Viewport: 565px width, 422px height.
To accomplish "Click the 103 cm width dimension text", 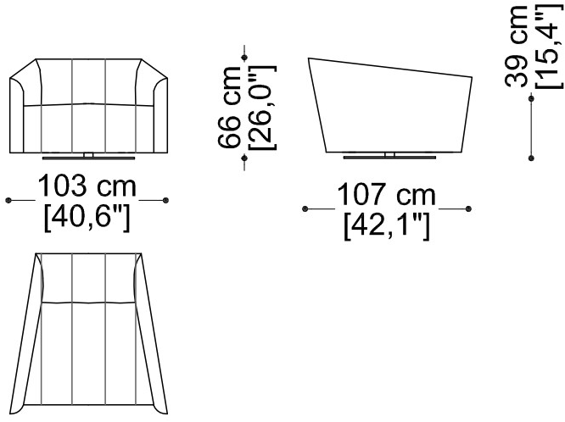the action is pos(87,186).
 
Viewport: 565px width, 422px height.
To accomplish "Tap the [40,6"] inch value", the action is pos(87,218).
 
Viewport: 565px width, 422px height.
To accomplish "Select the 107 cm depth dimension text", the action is pos(386,194).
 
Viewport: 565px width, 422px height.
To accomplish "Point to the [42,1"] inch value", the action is pos(387,226).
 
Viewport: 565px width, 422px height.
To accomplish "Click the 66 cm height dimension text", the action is pos(230,108).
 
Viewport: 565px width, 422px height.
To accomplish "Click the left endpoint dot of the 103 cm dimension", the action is pos(8,200).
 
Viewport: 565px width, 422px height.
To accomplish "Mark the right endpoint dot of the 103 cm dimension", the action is pos(165,200).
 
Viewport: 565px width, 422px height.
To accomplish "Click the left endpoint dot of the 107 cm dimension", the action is pos(305,208).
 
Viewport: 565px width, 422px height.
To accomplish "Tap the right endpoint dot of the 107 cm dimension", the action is pos(468,208).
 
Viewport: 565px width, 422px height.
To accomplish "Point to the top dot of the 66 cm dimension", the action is pos(244,58).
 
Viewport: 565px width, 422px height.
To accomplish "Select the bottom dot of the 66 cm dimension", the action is pos(244,158).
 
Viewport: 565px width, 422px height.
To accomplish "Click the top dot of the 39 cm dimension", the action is pos(531,98).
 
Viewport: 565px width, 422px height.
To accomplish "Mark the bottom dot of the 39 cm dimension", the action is pos(531,158).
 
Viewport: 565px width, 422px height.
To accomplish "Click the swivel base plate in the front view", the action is pos(88,158).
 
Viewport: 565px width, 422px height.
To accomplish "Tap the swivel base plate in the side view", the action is pos(389,158).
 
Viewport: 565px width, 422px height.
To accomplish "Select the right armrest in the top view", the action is pos(151,335).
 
